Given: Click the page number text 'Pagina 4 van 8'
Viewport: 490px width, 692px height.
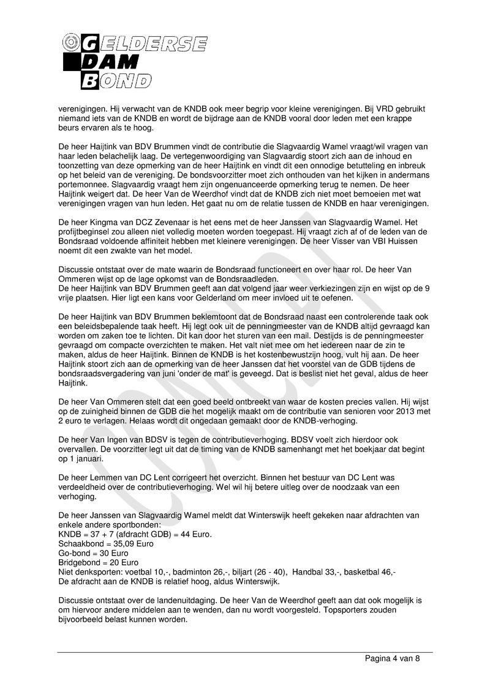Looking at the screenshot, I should tap(391, 658).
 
